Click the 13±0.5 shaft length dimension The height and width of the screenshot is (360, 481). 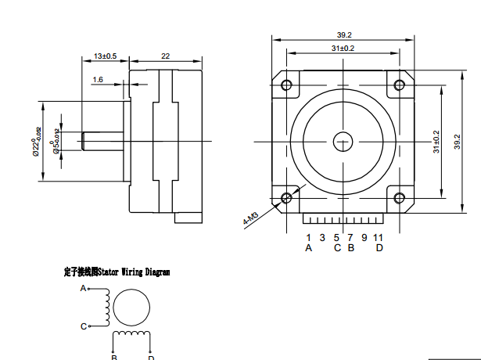(x=105, y=56)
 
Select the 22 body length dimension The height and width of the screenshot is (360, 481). (x=166, y=56)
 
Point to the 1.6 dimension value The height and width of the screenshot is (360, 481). (x=99, y=80)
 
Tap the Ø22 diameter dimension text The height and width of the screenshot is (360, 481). (x=36, y=142)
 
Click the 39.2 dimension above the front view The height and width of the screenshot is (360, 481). (x=344, y=35)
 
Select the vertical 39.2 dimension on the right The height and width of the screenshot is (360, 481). (x=457, y=142)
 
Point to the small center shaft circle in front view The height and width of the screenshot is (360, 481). (x=343, y=142)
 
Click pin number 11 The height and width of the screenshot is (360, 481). (x=379, y=237)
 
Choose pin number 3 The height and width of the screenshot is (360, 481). (x=323, y=237)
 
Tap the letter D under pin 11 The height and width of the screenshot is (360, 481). (x=379, y=248)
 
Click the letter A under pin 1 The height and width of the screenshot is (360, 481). (x=309, y=248)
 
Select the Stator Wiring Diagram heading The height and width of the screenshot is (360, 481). (x=117, y=272)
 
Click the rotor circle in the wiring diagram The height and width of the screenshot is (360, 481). (x=131, y=308)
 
